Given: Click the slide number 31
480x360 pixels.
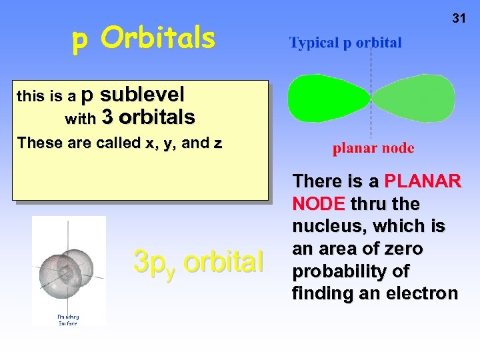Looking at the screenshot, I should pos(459,19).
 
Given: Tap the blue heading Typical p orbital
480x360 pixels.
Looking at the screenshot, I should pos(345,43).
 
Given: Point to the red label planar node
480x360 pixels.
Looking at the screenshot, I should pos(373,148).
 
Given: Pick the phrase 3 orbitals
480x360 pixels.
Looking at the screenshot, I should pos(149,118).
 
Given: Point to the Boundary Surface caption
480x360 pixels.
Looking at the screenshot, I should pos(67,320).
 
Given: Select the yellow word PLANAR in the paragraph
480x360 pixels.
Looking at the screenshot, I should pos(422,181).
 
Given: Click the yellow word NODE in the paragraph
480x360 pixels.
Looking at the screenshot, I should pos(318,203).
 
